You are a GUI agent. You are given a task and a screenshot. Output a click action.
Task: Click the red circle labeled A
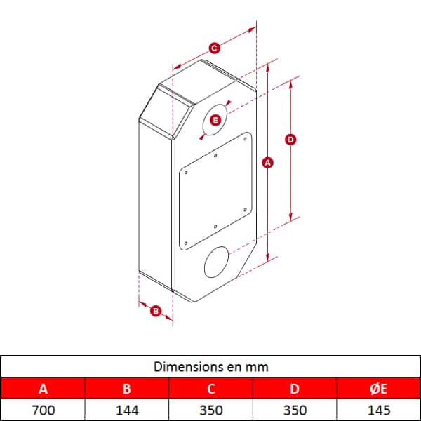[x=268, y=163]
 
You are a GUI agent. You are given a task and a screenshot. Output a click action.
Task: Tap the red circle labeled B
[x=156, y=311]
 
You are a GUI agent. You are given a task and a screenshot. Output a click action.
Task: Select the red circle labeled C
[x=214, y=48]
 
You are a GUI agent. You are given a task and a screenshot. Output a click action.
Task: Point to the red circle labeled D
[x=290, y=140]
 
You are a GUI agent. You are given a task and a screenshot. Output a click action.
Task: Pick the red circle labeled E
[x=215, y=120]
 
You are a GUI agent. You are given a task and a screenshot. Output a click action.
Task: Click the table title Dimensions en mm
[x=210, y=367]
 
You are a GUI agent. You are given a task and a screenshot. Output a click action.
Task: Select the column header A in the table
[x=44, y=389]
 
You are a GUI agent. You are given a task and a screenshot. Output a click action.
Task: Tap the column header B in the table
[x=127, y=389]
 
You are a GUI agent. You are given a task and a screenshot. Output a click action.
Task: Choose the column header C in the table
[x=211, y=389]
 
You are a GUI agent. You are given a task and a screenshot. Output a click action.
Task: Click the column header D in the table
[x=295, y=389]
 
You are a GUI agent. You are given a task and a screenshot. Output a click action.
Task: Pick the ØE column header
[x=379, y=389]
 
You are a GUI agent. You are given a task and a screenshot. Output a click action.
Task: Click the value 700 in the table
[x=44, y=410]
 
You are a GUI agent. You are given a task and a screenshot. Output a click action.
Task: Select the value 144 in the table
[x=127, y=410]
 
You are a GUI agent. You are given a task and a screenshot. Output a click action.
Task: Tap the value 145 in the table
[x=379, y=410]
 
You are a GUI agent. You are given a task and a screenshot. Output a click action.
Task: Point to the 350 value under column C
[x=211, y=410]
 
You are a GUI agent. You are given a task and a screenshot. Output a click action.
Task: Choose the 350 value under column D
[x=295, y=410]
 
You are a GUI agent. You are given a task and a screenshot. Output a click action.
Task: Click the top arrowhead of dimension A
[x=267, y=69]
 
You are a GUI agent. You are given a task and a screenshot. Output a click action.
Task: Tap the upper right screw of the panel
[x=245, y=139]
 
